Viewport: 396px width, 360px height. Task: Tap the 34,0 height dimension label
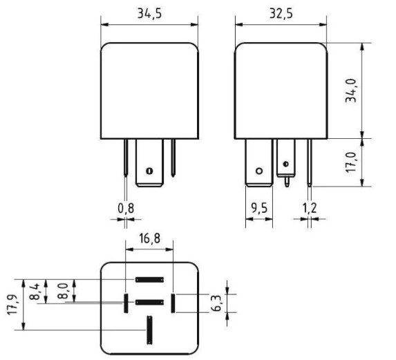352,91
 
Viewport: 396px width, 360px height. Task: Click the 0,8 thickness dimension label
125,207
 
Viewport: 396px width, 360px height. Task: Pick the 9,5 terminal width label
259,207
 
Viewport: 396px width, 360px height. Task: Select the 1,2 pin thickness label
308,207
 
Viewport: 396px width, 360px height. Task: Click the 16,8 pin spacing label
149,238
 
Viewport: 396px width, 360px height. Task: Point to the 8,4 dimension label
35,291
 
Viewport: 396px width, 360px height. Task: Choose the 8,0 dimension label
61,290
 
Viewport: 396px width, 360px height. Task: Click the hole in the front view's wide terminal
149,170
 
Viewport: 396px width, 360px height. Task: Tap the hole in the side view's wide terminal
259,171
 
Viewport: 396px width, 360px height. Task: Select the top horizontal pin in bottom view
149,280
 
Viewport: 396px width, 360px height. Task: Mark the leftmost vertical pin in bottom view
126,302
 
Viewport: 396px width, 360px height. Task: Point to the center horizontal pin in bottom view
149,302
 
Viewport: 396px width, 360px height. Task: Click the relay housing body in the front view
150,90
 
